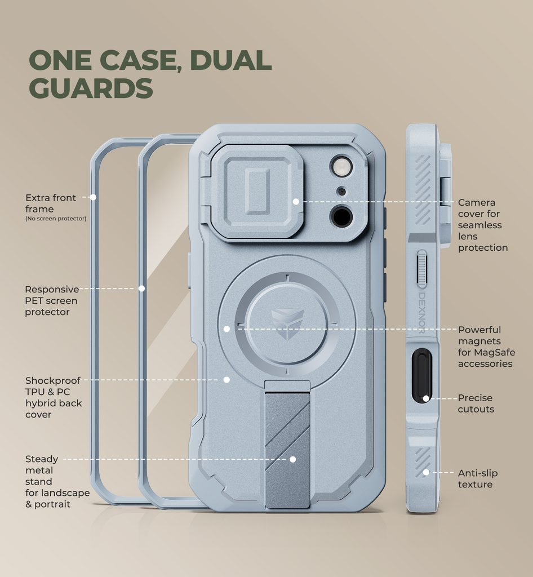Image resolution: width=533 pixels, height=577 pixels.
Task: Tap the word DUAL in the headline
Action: [231, 60]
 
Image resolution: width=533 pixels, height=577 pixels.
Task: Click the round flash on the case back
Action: [341, 167]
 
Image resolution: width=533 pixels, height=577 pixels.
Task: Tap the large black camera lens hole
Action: [341, 216]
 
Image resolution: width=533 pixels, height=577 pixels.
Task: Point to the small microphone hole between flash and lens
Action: [342, 192]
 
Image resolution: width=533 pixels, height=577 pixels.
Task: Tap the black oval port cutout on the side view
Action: [421, 375]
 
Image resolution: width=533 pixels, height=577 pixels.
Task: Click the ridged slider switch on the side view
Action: [422, 269]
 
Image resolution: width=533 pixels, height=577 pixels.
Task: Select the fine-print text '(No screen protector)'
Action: [56, 219]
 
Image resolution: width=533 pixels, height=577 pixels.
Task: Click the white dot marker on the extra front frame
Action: [93, 197]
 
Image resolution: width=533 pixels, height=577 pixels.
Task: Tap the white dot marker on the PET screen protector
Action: [141, 288]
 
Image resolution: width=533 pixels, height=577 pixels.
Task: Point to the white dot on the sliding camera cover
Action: [296, 201]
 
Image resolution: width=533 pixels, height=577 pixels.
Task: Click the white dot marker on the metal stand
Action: [293, 459]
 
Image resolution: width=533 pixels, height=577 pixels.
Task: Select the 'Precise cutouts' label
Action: [476, 403]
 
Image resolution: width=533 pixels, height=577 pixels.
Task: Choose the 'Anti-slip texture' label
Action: [477, 479]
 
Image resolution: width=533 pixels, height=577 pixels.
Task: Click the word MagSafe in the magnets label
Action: [494, 353]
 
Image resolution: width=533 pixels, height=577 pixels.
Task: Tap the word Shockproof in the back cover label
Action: [52, 380]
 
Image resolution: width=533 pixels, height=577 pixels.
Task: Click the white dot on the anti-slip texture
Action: [425, 472]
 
